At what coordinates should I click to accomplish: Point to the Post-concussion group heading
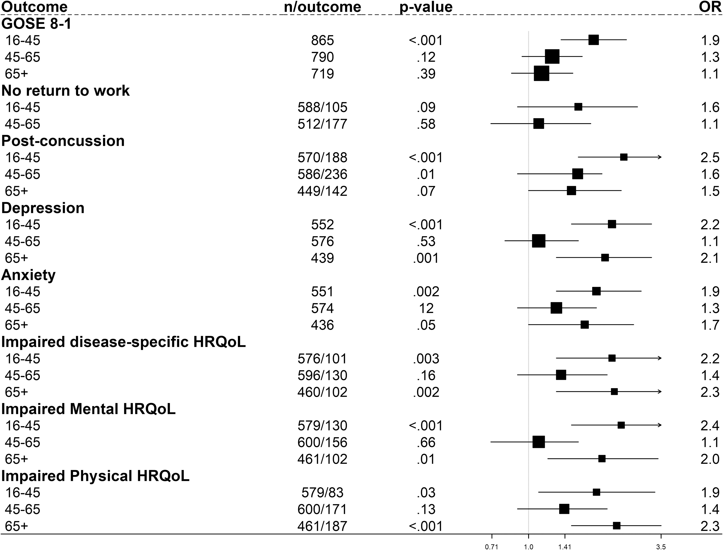(x=63, y=141)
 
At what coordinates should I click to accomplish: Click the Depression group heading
(x=43, y=208)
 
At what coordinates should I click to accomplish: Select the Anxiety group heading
(x=29, y=275)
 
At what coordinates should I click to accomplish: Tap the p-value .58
(x=426, y=124)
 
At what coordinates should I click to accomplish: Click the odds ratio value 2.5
(x=710, y=157)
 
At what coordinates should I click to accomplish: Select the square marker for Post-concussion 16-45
(x=624, y=157)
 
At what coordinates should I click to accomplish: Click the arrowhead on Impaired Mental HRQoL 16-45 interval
(x=659, y=425)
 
